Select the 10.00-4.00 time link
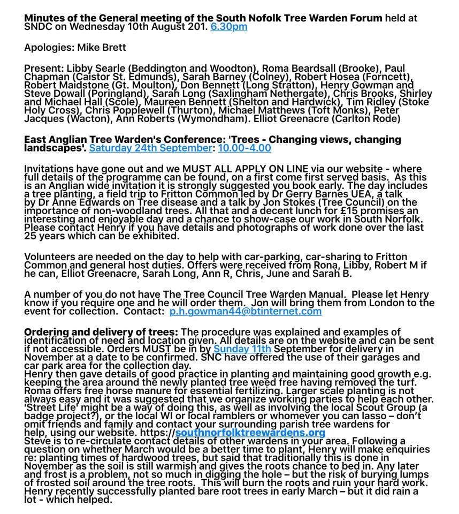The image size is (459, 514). pyautogui.click(x=244, y=148)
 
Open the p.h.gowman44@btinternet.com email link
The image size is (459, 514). pyautogui.click(x=246, y=311)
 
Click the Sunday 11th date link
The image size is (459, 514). pyautogui.click(x=242, y=350)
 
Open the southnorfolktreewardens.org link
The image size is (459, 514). pyautogui.click(x=250, y=432)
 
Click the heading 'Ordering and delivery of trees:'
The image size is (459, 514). pyautogui.click(x=101, y=332)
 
